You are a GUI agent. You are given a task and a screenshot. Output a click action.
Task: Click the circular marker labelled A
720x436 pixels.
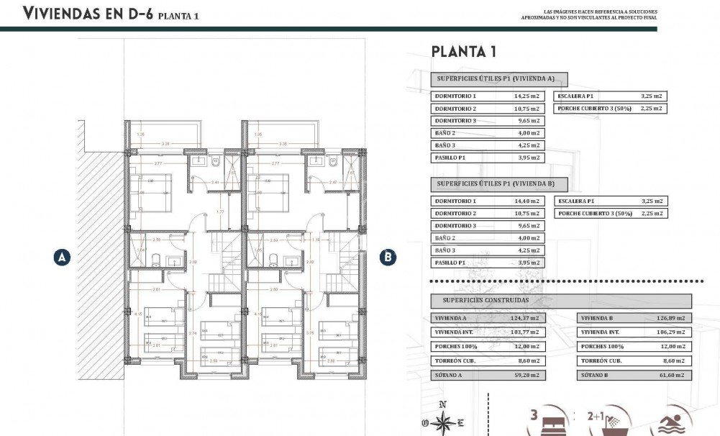(x=63, y=257)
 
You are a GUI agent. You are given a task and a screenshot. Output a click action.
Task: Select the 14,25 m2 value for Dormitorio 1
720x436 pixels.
(x=527, y=96)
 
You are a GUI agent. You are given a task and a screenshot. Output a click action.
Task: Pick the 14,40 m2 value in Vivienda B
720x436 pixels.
(x=527, y=201)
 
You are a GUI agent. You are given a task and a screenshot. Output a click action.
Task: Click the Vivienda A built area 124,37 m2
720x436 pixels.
(x=527, y=317)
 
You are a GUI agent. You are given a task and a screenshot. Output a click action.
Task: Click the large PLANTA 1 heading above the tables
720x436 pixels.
(x=462, y=51)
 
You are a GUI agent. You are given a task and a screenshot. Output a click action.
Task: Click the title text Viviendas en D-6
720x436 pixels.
(x=88, y=14)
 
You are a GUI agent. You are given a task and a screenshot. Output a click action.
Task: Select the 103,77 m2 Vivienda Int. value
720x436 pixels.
(x=527, y=332)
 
